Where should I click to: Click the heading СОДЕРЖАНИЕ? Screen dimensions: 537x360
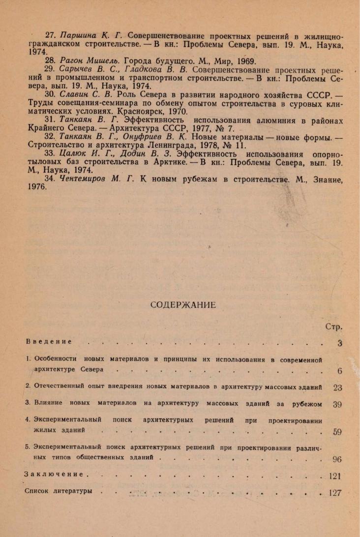tap(183, 305)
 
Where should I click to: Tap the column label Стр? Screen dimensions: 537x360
tap(334, 327)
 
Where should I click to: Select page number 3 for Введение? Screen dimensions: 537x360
tap(340, 343)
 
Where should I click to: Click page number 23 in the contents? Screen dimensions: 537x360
tap(337, 388)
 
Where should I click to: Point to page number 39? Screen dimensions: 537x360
tap(337, 405)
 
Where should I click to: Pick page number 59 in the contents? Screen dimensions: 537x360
tap(337, 432)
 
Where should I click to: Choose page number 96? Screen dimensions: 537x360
tap(337, 460)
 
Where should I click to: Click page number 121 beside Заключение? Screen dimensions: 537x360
tap(335, 476)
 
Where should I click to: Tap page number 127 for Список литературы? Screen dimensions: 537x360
tap(335, 493)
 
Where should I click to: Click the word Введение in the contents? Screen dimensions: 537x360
tap(49, 341)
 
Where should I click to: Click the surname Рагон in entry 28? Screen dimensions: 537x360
tap(70, 61)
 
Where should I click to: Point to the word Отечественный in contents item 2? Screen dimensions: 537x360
tap(60, 387)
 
